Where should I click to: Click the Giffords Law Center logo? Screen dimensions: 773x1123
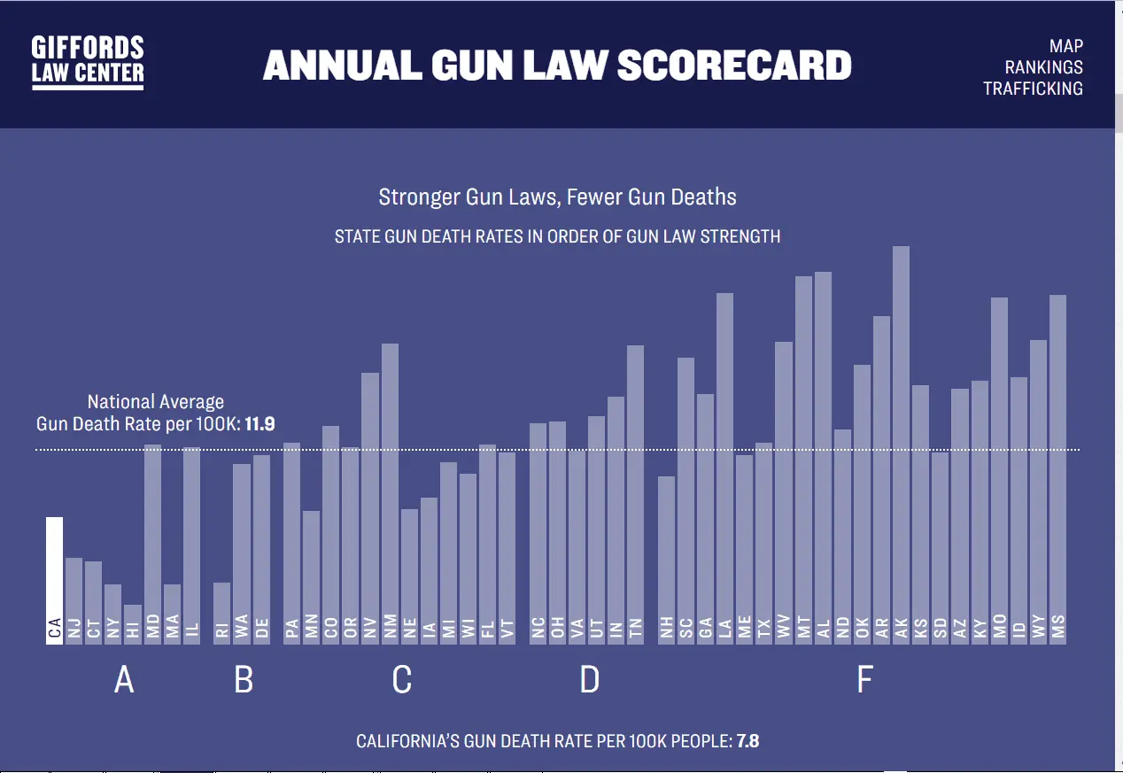88,63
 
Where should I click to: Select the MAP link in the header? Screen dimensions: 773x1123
1065,46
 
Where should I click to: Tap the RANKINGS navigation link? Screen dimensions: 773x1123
1043,67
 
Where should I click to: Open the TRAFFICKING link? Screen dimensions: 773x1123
1033,89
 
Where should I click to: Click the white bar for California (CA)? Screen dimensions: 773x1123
55,580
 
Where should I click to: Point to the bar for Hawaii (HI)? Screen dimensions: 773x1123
133,623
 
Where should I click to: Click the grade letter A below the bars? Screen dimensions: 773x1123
124,680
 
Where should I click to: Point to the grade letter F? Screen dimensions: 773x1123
865,680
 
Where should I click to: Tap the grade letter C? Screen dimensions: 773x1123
401,680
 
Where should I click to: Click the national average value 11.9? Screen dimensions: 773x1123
261,424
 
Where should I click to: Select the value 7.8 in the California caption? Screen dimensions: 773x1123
747,740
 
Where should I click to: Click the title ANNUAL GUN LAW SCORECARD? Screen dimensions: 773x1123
557,66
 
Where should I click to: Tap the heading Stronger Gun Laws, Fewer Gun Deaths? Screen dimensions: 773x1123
557,197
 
